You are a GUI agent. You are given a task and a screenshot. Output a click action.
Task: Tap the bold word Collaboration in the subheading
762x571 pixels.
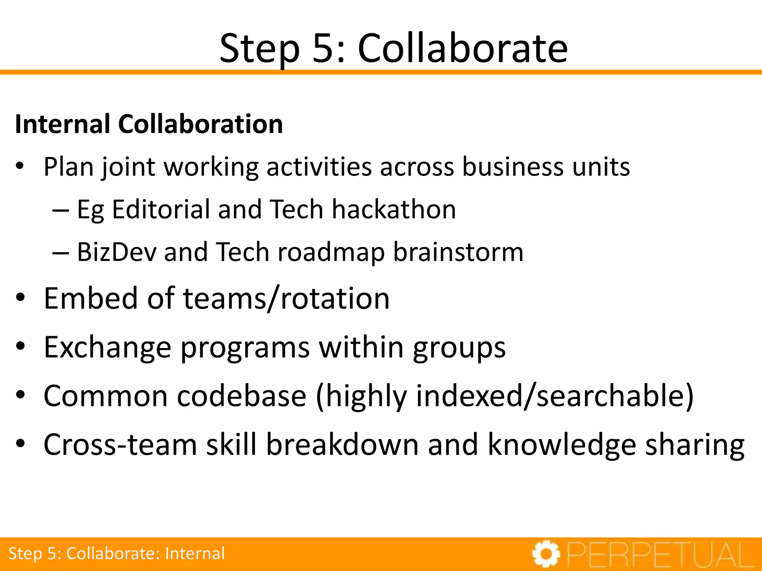[201, 124]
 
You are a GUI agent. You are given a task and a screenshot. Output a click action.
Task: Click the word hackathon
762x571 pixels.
[394, 209]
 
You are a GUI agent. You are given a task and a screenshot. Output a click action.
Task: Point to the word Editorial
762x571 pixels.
[161, 209]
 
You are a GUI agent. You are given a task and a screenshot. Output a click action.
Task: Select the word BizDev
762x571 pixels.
[116, 252]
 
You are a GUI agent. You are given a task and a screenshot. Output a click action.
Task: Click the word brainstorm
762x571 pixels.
[458, 252]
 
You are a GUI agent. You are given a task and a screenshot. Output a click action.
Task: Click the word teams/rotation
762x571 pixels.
[286, 298]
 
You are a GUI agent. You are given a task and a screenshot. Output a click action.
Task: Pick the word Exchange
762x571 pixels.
[108, 347]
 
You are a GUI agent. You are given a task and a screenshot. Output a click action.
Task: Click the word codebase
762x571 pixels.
[242, 396]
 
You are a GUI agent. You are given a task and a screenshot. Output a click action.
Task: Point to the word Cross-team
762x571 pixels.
[120, 444]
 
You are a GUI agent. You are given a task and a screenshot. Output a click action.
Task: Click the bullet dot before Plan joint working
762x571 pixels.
[20, 166]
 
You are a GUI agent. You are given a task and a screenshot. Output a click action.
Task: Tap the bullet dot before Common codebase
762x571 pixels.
[20, 395]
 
